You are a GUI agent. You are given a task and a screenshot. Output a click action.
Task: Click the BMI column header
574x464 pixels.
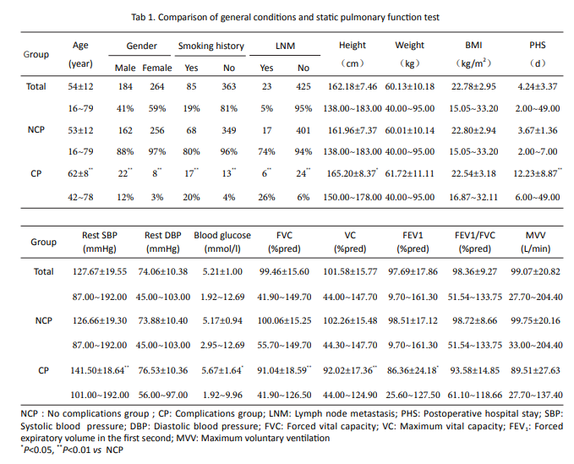(473, 46)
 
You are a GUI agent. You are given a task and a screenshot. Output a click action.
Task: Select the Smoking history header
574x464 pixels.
(210, 46)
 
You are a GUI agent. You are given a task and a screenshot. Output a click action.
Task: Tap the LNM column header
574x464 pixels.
(285, 46)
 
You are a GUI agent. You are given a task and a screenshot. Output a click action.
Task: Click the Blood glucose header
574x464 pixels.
(222, 235)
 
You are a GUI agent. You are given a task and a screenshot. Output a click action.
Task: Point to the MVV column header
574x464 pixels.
(535, 235)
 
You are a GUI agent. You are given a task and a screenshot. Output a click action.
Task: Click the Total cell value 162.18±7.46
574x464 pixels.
(353, 87)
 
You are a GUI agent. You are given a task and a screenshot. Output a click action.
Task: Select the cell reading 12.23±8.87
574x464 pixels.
(538, 173)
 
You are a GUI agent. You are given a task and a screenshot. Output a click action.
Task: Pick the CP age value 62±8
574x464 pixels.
(80, 173)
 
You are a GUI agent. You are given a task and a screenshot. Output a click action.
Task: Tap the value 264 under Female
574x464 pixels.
(156, 87)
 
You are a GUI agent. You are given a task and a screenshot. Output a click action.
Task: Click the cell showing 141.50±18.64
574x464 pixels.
(100, 370)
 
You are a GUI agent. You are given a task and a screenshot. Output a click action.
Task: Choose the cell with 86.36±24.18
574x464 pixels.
(413, 370)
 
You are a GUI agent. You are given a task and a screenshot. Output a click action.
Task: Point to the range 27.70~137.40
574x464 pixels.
(535, 395)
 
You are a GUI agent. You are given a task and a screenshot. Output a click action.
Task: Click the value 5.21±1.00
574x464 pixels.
(222, 271)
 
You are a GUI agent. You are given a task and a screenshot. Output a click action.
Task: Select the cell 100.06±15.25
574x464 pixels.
(284, 320)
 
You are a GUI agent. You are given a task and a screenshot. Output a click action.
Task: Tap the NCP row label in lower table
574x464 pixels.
(44, 320)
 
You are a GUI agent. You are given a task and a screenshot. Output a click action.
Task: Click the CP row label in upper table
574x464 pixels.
(36, 173)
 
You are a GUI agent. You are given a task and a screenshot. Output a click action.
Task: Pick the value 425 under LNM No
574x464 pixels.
(303, 87)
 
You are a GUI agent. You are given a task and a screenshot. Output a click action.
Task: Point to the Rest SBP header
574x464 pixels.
(100, 235)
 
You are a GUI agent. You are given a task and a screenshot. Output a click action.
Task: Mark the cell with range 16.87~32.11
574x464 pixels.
(473, 197)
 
